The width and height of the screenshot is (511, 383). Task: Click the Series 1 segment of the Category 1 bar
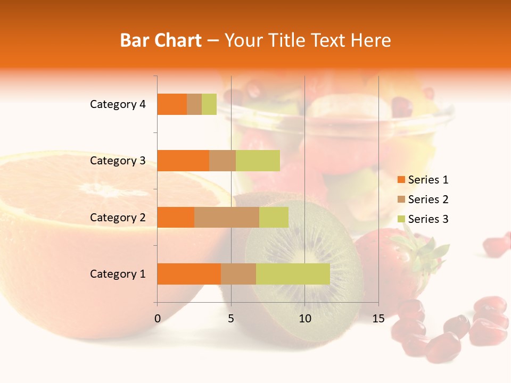pos(189,274)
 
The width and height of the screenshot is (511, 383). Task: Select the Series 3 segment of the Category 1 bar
pos(293,274)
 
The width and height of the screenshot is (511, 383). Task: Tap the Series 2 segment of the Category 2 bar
pos(227,217)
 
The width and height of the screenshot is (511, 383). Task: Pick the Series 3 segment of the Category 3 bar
pos(258,161)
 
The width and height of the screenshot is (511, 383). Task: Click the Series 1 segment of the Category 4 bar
pos(172,104)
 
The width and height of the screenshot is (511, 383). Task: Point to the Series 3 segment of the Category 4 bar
pos(209,104)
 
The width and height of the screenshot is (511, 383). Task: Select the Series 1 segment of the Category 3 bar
pos(183,161)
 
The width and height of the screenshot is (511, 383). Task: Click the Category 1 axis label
pos(118,274)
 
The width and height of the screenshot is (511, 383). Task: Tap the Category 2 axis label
pos(118,217)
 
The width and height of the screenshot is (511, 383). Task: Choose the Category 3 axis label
pos(118,161)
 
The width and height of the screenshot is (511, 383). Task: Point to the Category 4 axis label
pos(118,104)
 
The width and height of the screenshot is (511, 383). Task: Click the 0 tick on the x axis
pos(158,319)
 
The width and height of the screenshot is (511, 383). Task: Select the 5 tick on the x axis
pos(231,319)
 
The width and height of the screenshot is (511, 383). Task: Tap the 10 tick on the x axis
pos(304,319)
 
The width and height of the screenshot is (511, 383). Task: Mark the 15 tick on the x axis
pos(378,319)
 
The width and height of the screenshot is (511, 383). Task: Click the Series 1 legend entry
pos(423,180)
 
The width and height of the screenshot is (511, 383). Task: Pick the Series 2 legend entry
pos(423,199)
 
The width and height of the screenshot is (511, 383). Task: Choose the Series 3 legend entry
pos(423,219)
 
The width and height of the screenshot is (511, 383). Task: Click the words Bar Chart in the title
pos(161,40)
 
